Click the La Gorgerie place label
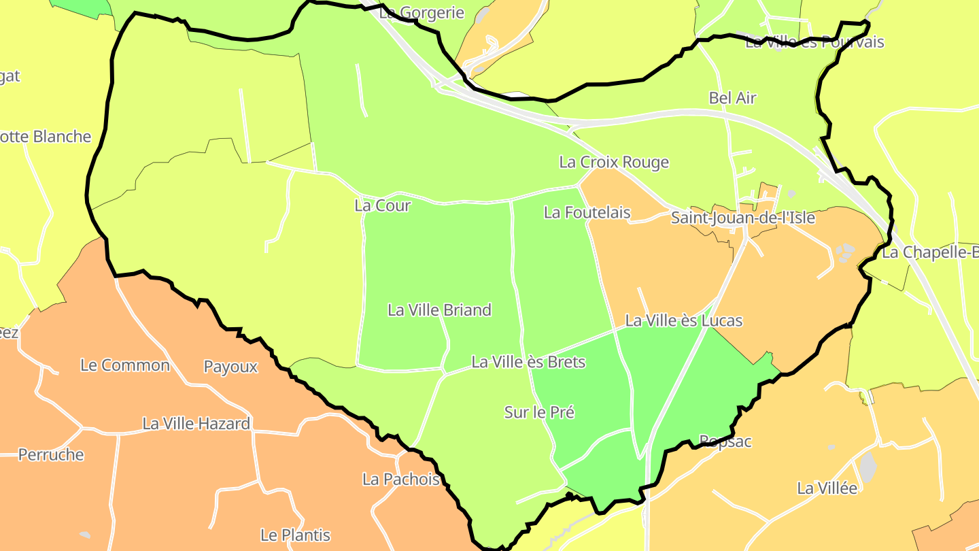pos(422,12)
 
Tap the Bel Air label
pos(732,98)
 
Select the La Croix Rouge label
pos(614,163)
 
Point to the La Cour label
pos(383,205)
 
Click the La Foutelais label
pos(587,213)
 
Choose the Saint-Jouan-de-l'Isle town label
pos(742,218)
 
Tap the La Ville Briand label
pos(439,310)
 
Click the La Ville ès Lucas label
pos(683,320)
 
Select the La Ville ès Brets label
pos(528,362)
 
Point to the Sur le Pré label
pos(539,412)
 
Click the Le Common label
pos(125,365)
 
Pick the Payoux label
pos(231,367)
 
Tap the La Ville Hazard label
pos(196,424)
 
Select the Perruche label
pos(51,455)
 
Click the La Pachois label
pos(401,480)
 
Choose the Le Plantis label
pos(296,535)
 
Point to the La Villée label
pos(827,488)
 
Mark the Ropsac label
pos(725,441)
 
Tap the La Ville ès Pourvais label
pos(814,42)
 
